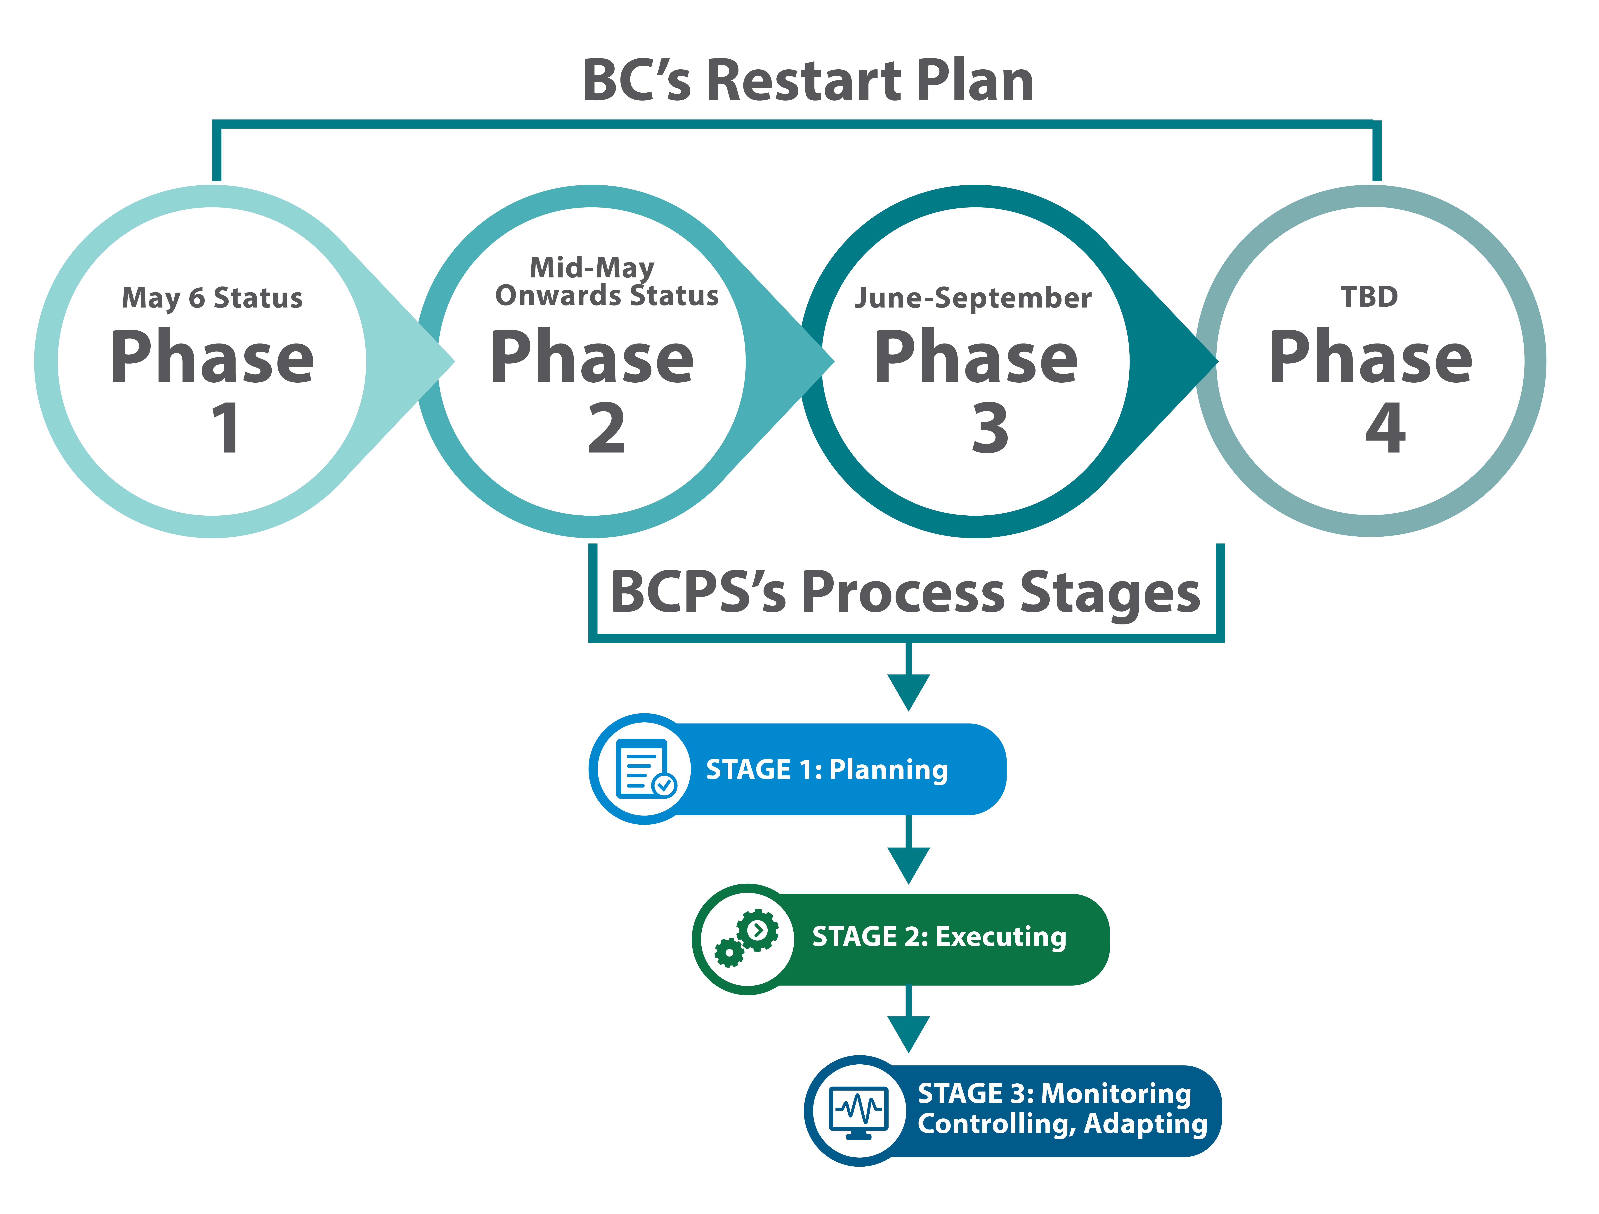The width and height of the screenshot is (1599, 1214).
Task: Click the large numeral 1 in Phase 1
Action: (x=226, y=428)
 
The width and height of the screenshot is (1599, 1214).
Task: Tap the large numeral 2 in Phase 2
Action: (x=606, y=428)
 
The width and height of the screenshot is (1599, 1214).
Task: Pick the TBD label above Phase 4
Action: (x=1369, y=296)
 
